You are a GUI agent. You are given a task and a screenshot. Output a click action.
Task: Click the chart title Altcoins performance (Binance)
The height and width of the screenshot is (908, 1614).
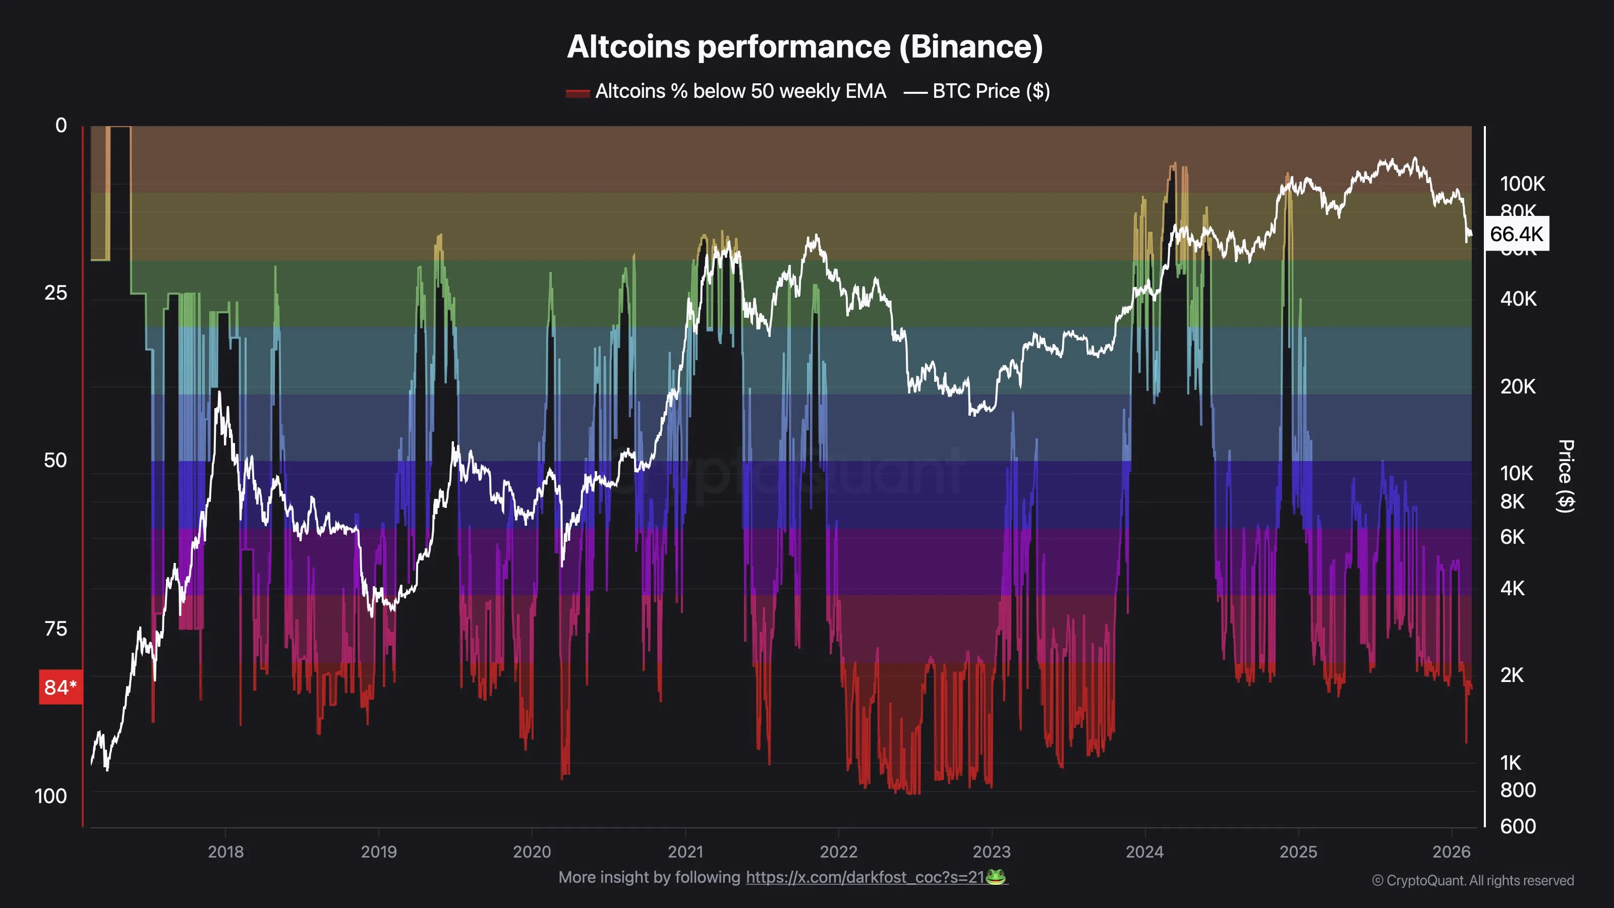coord(804,47)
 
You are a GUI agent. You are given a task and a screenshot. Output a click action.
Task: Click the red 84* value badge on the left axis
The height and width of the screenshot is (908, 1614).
coord(60,688)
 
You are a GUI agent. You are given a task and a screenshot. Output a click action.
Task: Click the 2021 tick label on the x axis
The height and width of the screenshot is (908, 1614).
coord(685,852)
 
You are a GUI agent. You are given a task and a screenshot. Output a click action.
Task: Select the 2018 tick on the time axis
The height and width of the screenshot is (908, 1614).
coord(225,852)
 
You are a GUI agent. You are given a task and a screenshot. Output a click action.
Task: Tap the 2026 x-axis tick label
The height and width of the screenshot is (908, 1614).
coord(1451,852)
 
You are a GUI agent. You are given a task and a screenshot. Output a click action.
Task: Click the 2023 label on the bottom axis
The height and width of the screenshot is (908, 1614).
coord(991,852)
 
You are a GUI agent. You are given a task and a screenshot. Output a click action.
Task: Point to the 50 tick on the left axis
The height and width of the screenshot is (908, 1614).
coord(55,461)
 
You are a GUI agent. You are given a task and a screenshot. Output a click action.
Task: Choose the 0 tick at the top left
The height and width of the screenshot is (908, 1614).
coord(61,125)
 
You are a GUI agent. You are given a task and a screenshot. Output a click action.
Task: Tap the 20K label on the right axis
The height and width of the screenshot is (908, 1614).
coord(1518,386)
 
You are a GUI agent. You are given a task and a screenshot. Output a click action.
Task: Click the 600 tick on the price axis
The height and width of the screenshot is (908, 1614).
coord(1518,827)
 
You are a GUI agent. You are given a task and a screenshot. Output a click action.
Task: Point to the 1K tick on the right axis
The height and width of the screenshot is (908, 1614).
coord(1510,763)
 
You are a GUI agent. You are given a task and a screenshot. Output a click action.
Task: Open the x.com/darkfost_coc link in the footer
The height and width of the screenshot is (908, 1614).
coord(864,877)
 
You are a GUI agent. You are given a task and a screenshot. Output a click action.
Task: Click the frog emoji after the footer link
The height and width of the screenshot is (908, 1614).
coord(996,877)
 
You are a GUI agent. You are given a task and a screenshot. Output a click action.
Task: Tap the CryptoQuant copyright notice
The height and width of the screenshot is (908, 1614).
coord(1472,880)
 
